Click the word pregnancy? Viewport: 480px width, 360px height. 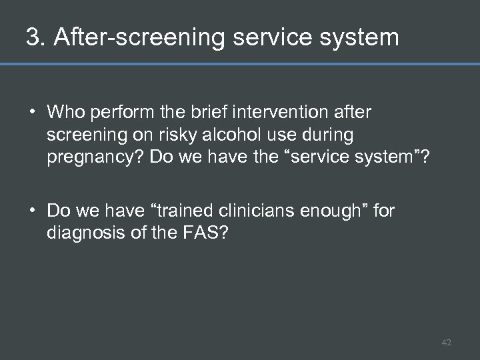click(x=95, y=158)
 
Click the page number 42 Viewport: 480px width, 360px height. click(x=446, y=343)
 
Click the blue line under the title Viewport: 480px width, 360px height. click(x=240, y=65)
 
